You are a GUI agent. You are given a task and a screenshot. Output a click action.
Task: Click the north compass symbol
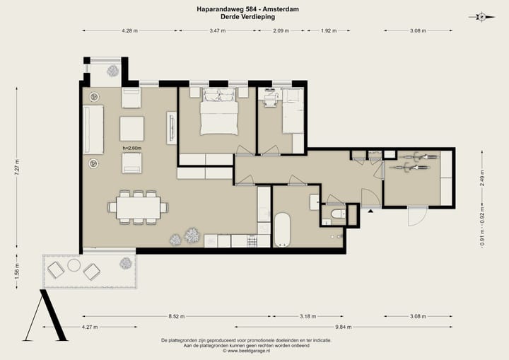482,17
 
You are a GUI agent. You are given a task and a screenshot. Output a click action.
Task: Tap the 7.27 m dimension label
17,168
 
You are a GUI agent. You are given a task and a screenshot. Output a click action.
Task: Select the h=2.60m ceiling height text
132,148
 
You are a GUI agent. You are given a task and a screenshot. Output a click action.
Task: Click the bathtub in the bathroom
282,229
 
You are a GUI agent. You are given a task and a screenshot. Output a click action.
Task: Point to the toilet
338,214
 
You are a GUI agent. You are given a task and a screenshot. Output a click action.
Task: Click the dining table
139,208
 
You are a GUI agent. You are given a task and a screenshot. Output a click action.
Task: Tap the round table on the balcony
74,265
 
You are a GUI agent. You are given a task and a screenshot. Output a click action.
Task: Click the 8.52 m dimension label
177,316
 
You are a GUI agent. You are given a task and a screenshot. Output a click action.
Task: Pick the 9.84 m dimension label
344,327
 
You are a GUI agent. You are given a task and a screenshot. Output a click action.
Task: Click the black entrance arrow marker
370,211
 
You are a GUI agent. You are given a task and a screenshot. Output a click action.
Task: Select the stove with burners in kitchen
252,241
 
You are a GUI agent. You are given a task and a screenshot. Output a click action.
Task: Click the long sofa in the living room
93,129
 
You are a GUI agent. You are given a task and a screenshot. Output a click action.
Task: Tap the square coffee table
131,129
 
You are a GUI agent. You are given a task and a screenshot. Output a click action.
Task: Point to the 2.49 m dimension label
482,178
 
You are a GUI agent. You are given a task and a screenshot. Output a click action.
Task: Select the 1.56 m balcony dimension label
17,272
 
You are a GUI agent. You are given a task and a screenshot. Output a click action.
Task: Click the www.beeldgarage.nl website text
249,351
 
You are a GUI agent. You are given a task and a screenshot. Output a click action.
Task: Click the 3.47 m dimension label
218,31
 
